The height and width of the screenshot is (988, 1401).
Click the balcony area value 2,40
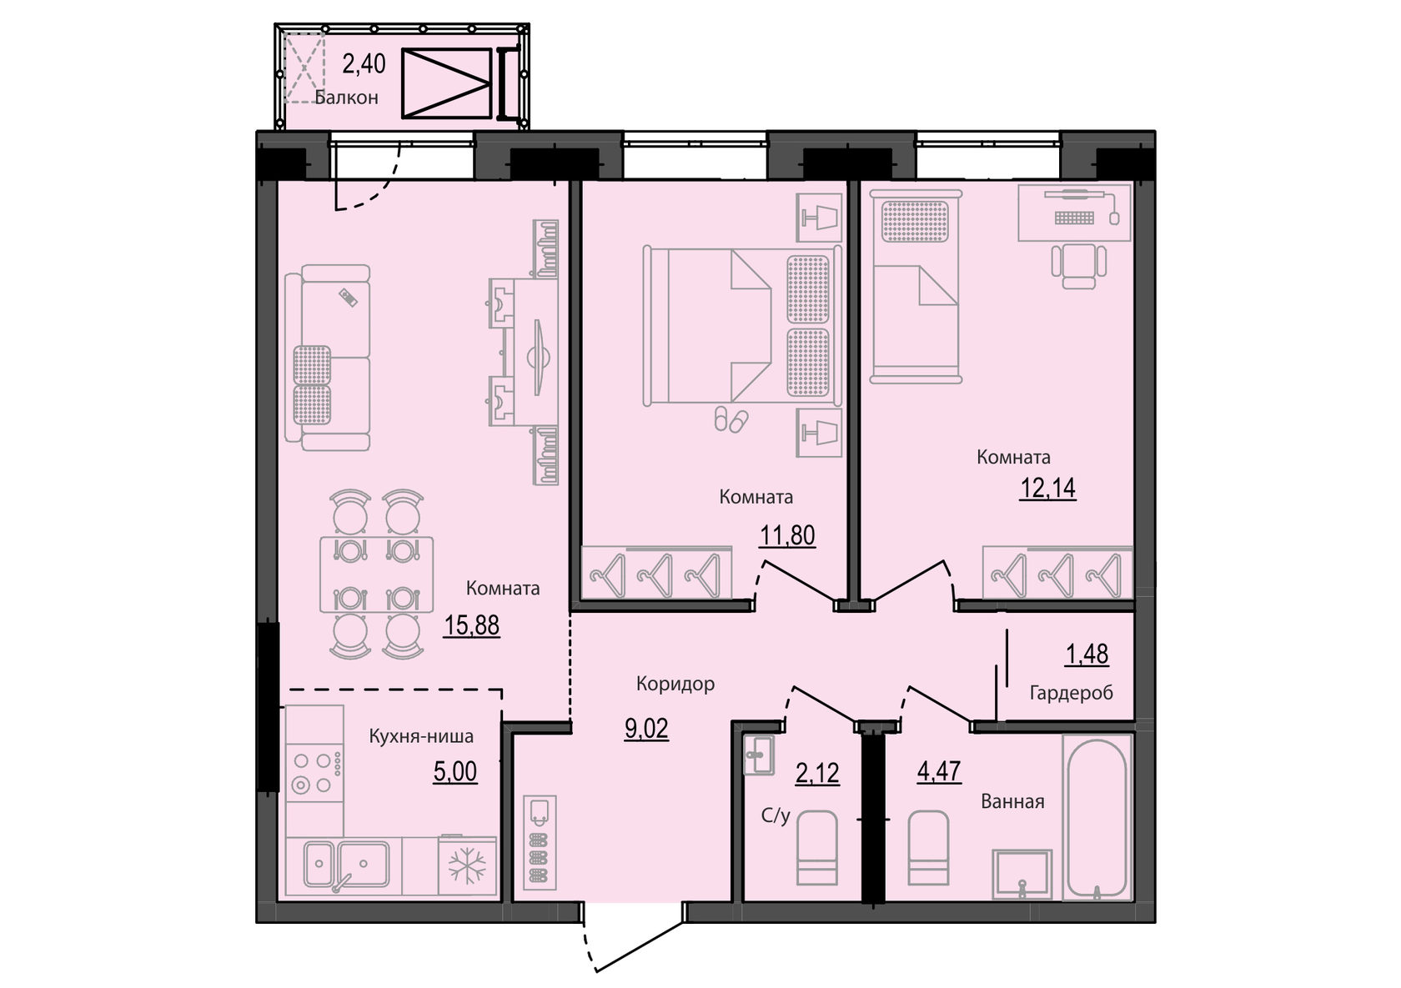click(364, 63)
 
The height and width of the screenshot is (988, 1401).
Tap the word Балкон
click(347, 98)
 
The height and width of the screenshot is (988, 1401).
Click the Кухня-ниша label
click(421, 736)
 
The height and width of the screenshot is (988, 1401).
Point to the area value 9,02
click(646, 729)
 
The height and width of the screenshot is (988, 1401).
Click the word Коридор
click(675, 684)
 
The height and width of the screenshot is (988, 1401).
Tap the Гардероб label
click(1072, 693)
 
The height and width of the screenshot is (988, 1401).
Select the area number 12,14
click(1047, 489)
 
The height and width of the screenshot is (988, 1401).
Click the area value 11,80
click(787, 535)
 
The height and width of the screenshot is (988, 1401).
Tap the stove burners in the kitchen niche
click(314, 773)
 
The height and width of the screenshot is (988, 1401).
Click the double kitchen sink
click(347, 865)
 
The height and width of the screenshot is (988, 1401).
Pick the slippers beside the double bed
click(731, 419)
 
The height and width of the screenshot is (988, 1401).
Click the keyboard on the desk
click(1074, 218)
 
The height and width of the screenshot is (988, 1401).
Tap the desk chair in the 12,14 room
click(1079, 266)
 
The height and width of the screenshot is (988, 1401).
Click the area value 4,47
click(939, 772)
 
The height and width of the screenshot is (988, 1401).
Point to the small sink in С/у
click(759, 754)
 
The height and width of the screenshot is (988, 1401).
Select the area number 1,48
click(1087, 654)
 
